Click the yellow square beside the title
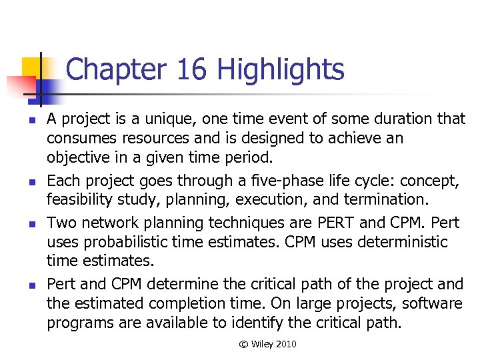tap(33, 69)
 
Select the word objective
tap(81, 159)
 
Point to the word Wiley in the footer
tap(262, 345)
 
